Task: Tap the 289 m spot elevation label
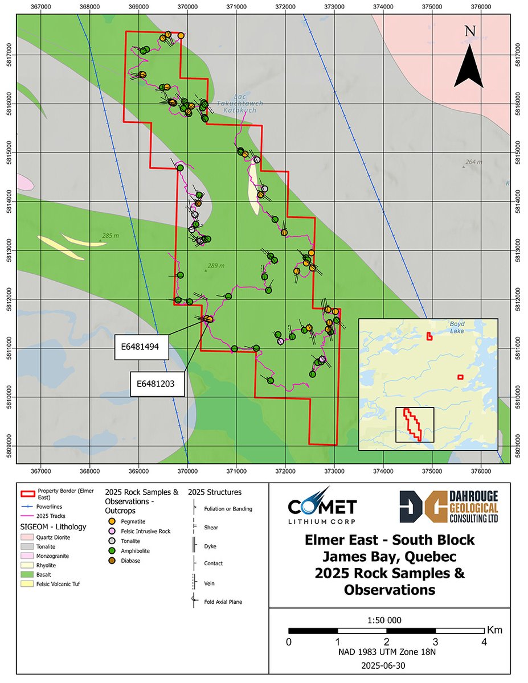(215, 266)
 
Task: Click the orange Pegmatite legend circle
(112, 521)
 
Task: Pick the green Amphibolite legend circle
(112, 551)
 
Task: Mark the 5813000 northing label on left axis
(7, 250)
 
